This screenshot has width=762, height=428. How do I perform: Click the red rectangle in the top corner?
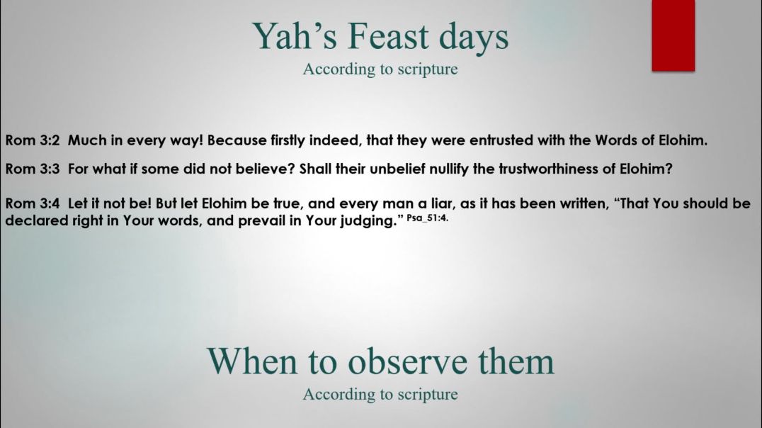coord(673,35)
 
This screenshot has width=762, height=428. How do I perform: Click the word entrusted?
coord(506,140)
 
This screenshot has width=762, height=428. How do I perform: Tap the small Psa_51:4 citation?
coord(428,217)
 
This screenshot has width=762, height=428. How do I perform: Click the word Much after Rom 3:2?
coord(87,140)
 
